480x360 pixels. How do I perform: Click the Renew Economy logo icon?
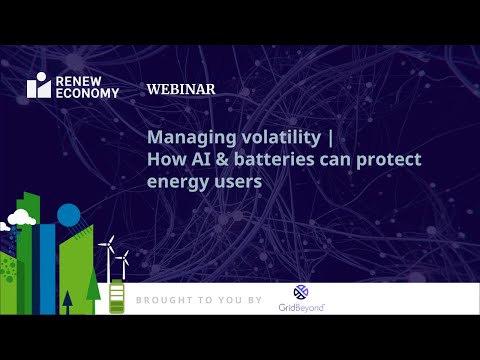click(x=39, y=86)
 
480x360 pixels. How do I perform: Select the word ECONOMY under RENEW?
click(x=87, y=93)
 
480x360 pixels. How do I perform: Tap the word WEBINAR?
click(x=181, y=89)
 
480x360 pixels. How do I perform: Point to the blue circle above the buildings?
click(x=68, y=214)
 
